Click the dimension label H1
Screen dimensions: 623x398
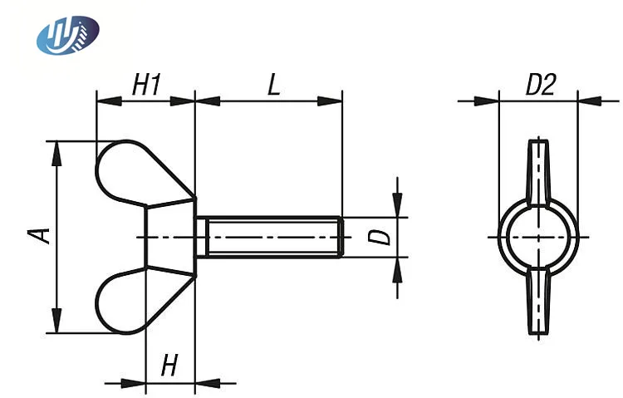click(x=146, y=84)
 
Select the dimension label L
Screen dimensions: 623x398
click(x=272, y=84)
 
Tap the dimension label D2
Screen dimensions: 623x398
click(x=540, y=84)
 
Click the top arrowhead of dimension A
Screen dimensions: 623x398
click(x=56, y=150)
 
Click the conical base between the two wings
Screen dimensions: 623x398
click(x=170, y=237)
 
